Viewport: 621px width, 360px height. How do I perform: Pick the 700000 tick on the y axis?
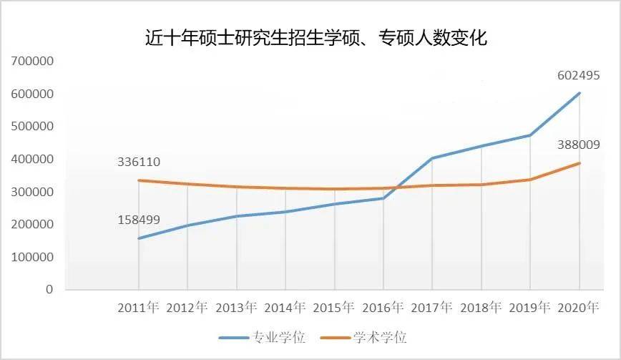pyautogui.click(x=31, y=62)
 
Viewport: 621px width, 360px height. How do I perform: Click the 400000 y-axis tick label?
pyautogui.click(x=31, y=160)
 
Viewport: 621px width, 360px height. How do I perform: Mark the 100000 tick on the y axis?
pyautogui.click(x=31, y=257)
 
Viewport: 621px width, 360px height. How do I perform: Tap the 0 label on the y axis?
pyautogui.click(x=49, y=290)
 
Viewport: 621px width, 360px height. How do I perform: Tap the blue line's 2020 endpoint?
pyautogui.click(x=579, y=93)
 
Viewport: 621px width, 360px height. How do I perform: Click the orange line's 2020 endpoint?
pyautogui.click(x=579, y=163)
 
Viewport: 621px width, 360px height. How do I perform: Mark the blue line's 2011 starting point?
pyautogui.click(x=139, y=238)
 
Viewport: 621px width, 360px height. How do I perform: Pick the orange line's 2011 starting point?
pyautogui.click(x=139, y=180)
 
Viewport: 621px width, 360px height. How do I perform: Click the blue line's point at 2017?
pyautogui.click(x=432, y=158)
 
